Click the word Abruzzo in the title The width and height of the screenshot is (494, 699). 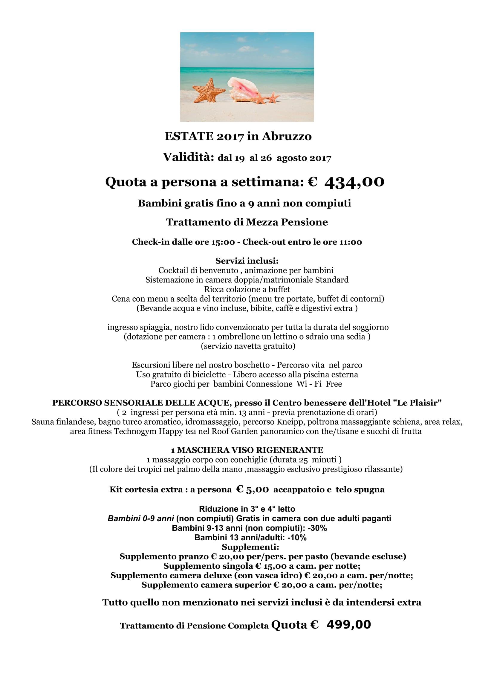point(287,136)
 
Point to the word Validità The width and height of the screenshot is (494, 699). point(188,157)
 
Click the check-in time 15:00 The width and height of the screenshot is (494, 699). point(223,242)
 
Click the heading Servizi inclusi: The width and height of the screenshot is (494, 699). point(247,261)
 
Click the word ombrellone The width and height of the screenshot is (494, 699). point(239,337)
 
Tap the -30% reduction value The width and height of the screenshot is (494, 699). point(317,528)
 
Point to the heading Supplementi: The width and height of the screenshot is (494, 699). point(250,547)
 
